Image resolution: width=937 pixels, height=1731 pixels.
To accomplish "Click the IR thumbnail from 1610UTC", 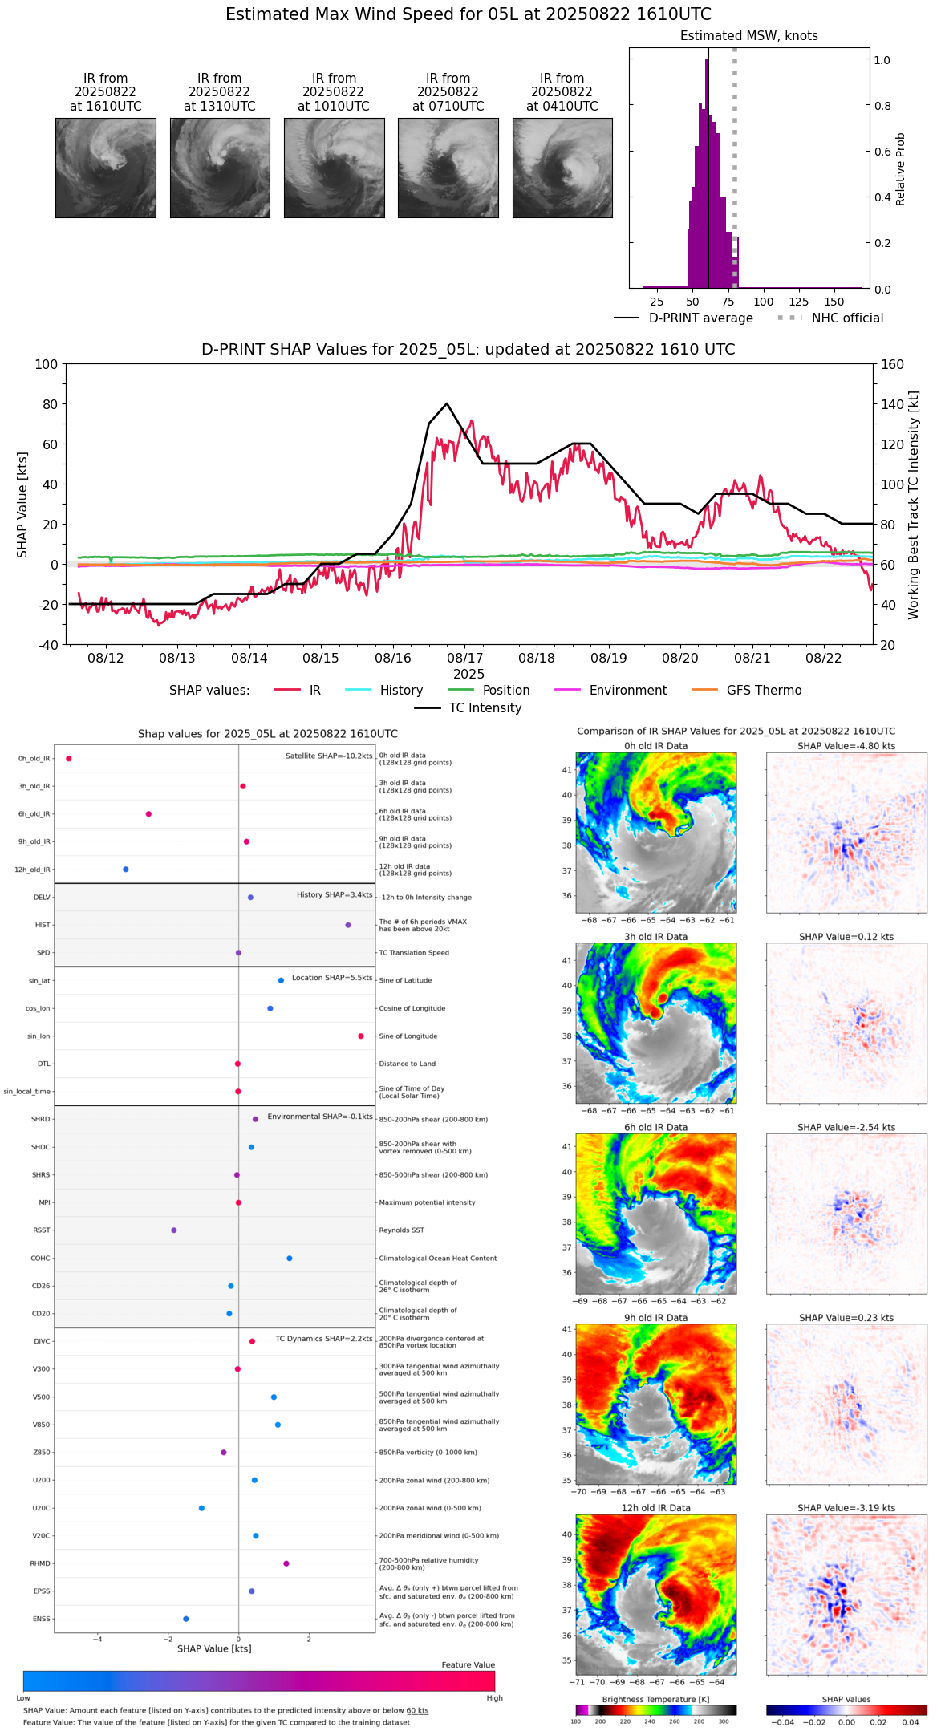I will (x=105, y=168).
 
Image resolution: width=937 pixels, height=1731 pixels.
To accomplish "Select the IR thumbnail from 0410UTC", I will (x=562, y=168).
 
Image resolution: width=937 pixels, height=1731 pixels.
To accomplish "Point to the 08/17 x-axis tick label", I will (x=464, y=658).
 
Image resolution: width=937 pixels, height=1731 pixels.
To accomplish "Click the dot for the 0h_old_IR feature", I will (x=69, y=758).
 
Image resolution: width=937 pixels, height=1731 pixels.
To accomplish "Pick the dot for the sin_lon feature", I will (x=361, y=1036).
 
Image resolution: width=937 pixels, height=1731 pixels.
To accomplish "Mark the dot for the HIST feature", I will (x=348, y=925).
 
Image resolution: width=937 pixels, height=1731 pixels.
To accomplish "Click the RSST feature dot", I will (x=174, y=1230).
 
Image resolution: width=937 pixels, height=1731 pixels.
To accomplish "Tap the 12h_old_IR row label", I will (x=32, y=870).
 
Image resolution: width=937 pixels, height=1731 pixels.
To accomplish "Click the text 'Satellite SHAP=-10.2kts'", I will (x=329, y=756).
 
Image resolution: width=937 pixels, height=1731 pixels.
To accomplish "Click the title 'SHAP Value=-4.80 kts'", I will (x=846, y=746).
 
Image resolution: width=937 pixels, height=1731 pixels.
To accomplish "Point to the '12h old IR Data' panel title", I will (x=655, y=1508).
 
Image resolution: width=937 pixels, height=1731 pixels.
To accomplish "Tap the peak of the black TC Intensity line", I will (x=447, y=403).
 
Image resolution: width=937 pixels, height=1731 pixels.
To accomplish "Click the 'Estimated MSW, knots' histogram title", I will (x=748, y=36).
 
